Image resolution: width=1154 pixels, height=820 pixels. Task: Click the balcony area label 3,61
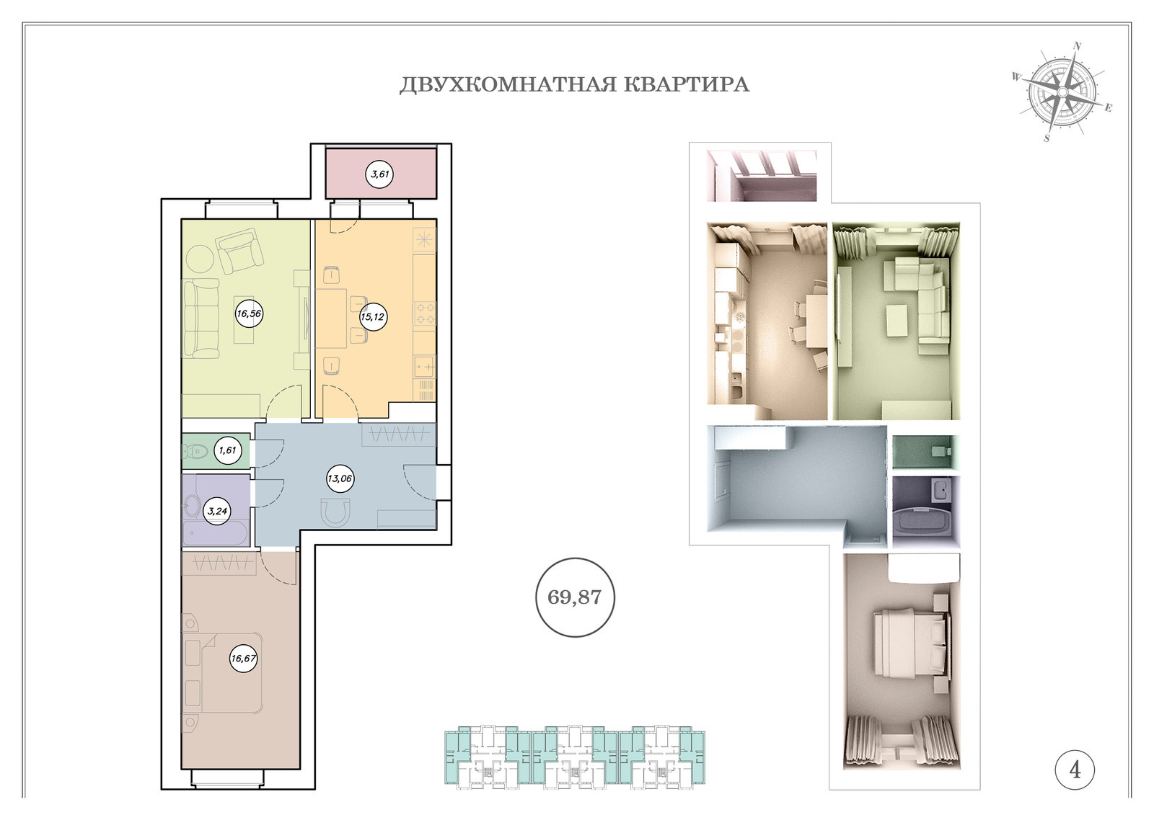(379, 174)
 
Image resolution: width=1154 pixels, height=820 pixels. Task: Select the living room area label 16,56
(249, 313)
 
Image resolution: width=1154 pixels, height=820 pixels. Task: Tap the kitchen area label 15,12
(372, 316)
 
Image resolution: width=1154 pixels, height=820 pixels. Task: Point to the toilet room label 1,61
(227, 450)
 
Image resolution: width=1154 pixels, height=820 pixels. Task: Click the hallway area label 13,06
(340, 478)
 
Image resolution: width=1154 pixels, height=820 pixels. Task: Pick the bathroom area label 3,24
(217, 511)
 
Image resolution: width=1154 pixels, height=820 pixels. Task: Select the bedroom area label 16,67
(244, 658)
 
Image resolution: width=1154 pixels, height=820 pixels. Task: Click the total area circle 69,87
(575, 597)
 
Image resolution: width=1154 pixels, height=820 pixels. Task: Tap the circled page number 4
(1075, 770)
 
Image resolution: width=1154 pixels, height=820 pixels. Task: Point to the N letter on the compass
(1077, 46)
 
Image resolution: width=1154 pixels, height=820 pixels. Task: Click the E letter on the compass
(1108, 107)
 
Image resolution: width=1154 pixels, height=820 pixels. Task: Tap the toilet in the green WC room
(193, 452)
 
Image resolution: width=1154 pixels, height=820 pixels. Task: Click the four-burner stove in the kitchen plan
(425, 313)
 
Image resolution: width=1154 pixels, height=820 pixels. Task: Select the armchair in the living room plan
(239, 253)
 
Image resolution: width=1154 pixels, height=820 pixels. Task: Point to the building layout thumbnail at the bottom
(574, 757)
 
